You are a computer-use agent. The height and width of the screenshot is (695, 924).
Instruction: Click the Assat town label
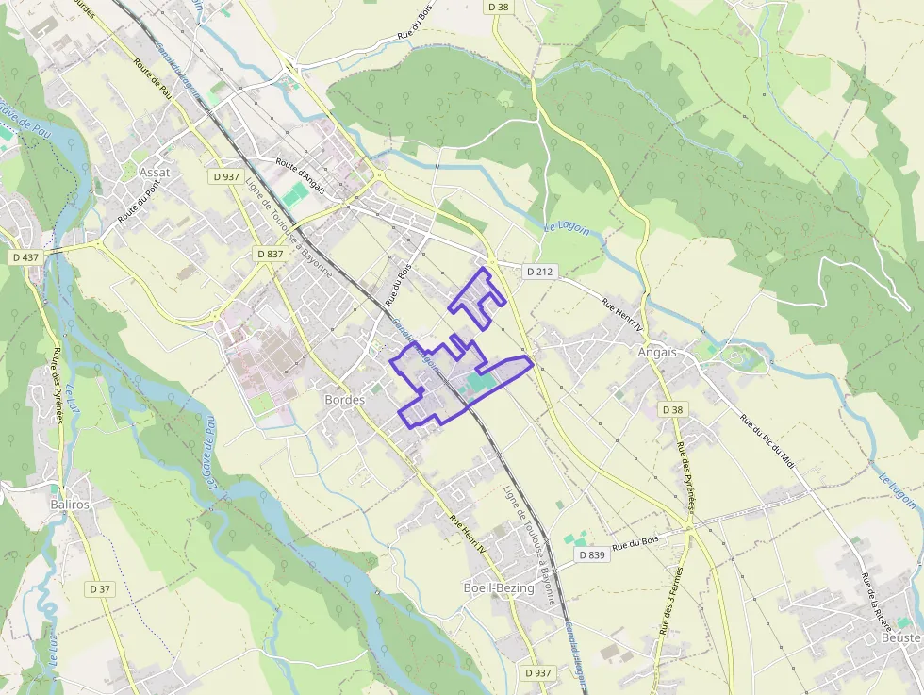[x=154, y=173]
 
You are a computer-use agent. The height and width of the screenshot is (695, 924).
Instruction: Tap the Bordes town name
[x=344, y=399]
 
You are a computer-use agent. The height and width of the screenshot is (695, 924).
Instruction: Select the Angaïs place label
[x=657, y=352]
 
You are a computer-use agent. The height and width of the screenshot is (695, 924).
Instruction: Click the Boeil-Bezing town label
[x=499, y=587]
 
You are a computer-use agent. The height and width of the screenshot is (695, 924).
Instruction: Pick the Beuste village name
[x=899, y=638]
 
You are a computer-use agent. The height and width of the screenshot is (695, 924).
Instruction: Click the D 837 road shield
[x=270, y=254]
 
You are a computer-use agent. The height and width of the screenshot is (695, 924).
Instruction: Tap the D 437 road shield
[x=26, y=257]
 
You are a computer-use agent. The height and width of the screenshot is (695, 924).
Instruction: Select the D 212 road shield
[x=540, y=272]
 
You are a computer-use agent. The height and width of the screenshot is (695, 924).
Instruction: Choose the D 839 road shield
[x=591, y=555]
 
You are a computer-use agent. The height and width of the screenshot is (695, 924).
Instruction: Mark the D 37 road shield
[x=100, y=588]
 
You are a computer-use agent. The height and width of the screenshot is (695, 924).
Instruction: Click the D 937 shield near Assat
[x=226, y=176]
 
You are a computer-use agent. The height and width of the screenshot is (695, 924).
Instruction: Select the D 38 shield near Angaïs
[x=671, y=410]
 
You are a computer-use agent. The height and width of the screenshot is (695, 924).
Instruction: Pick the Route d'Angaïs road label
[x=300, y=176]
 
